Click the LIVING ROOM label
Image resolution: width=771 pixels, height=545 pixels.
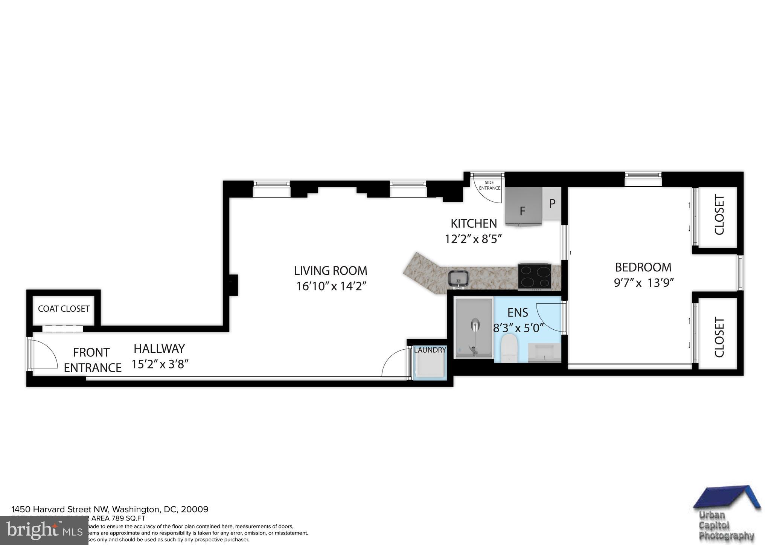coord(330,271)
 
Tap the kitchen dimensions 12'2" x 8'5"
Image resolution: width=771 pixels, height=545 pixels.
coord(473,239)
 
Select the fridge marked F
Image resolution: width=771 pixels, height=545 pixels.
coord(523,207)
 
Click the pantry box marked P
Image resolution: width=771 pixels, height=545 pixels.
coord(552,204)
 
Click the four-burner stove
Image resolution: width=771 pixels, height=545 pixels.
coord(534,277)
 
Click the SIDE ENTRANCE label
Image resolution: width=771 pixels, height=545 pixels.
coord(489,185)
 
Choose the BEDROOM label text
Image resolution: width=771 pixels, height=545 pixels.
coord(643,267)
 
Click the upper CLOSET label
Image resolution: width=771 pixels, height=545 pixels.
coord(719,215)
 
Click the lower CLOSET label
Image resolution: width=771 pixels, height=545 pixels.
coord(719,337)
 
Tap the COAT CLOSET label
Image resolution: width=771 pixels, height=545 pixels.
coord(64,309)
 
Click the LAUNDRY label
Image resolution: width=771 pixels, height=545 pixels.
coord(430,350)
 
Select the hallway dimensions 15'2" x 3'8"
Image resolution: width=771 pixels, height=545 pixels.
coord(160,364)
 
